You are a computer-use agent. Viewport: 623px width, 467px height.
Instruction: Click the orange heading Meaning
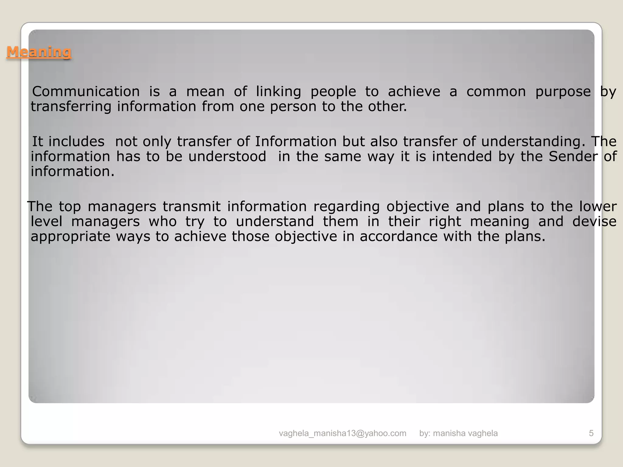tap(39, 52)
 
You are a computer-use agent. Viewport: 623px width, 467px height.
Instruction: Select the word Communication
tap(86, 92)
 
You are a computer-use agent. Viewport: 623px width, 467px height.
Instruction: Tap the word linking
tap(278, 92)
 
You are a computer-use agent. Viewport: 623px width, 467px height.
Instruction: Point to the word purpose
tap(563, 92)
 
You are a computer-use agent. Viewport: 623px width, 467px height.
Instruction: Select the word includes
tap(76, 141)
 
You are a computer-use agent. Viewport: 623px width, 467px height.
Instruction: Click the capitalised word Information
tap(296, 141)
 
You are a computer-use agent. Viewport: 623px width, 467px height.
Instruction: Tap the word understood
tap(227, 157)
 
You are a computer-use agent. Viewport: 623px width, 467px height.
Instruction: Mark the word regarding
tap(346, 207)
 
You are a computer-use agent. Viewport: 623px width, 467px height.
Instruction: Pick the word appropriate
tap(71, 237)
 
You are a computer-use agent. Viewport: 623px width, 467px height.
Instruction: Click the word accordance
tap(399, 236)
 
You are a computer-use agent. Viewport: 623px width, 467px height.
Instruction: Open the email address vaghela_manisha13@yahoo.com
tap(343, 433)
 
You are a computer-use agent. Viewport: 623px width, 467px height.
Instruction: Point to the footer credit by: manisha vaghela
tap(458, 433)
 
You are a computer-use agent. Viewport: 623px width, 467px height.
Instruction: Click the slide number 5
tap(591, 433)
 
